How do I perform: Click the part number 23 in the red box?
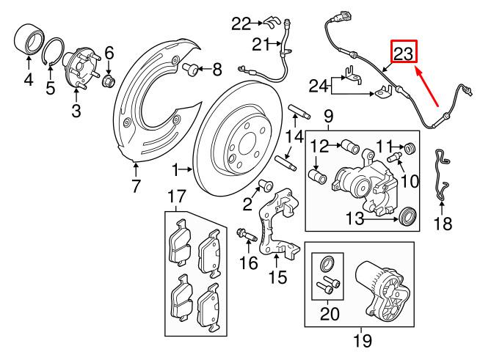(x=404, y=53)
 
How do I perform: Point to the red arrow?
(x=434, y=86)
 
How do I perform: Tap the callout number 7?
(x=136, y=186)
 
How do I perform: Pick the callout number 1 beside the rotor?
(x=176, y=170)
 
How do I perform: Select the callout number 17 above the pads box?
(x=175, y=196)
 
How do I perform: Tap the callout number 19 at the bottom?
(x=362, y=340)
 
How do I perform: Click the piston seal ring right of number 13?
(x=407, y=216)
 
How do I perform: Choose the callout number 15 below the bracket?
(x=277, y=278)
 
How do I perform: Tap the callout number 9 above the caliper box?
(x=327, y=116)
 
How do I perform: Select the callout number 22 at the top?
(x=241, y=23)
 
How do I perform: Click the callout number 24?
(x=318, y=87)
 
